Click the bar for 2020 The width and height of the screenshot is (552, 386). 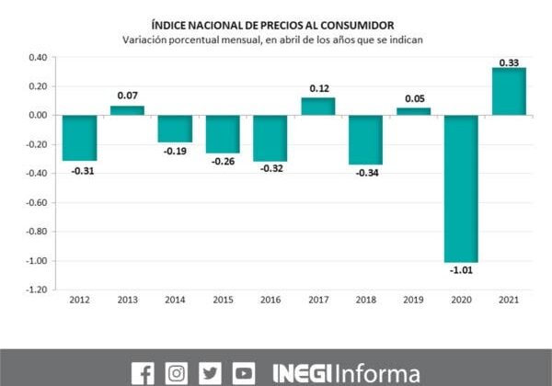click(461, 188)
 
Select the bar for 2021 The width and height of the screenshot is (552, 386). click(509, 92)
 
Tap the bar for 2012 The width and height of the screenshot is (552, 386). click(79, 138)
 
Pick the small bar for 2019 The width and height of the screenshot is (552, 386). click(413, 111)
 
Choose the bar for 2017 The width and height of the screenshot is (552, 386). click(317, 107)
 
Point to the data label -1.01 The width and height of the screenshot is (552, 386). click(461, 270)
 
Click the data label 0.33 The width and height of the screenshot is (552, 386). click(509, 62)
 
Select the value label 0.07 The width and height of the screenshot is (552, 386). click(127, 96)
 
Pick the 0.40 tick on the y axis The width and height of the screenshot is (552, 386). click(37, 57)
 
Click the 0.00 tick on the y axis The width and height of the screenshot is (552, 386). click(37, 116)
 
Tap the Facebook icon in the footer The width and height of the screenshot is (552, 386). click(143, 373)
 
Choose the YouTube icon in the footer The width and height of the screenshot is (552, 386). click(244, 373)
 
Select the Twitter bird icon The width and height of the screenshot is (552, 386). click(211, 373)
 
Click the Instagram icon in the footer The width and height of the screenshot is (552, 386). click(177, 373)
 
